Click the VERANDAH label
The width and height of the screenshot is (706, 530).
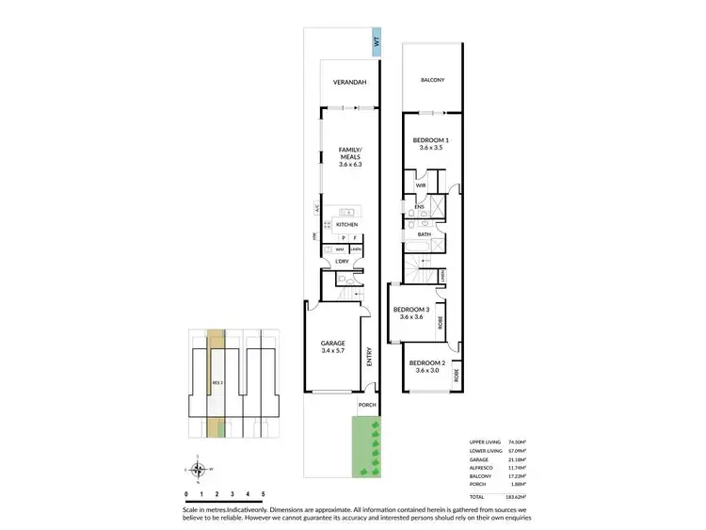point(350,84)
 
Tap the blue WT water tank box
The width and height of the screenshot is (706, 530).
point(376,42)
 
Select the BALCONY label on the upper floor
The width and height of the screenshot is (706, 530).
point(432,81)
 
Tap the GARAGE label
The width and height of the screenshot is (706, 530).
point(331,343)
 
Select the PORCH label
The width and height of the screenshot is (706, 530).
point(365,407)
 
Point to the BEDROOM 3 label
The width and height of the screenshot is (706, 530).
point(411,310)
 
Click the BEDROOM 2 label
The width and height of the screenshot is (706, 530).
point(427,362)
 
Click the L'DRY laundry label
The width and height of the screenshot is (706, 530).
point(329,260)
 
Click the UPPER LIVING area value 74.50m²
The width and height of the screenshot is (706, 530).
point(517,442)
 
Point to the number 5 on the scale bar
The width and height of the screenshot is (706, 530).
point(263,493)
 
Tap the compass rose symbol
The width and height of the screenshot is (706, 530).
point(197,467)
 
